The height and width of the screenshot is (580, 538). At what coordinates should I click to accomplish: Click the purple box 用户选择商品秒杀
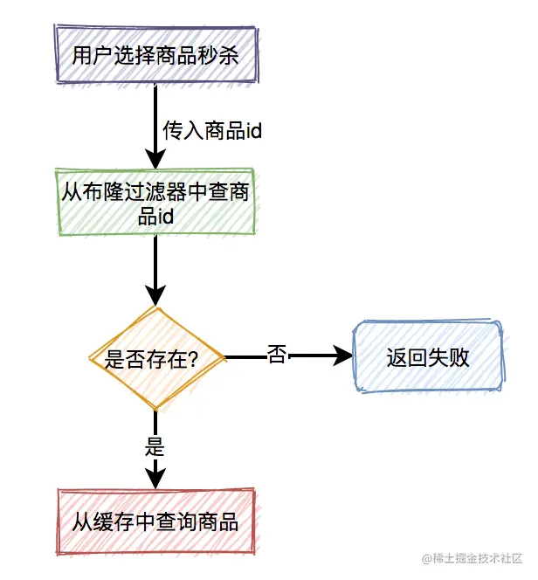click(x=155, y=56)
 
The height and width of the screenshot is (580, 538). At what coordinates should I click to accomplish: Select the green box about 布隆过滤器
click(x=155, y=202)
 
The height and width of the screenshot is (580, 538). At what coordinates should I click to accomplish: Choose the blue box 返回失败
click(x=428, y=356)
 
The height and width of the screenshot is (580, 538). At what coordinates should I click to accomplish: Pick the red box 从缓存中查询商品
click(x=155, y=521)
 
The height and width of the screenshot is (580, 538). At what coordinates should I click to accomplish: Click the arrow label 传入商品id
click(x=213, y=132)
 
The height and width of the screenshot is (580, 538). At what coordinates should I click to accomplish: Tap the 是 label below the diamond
click(x=155, y=448)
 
